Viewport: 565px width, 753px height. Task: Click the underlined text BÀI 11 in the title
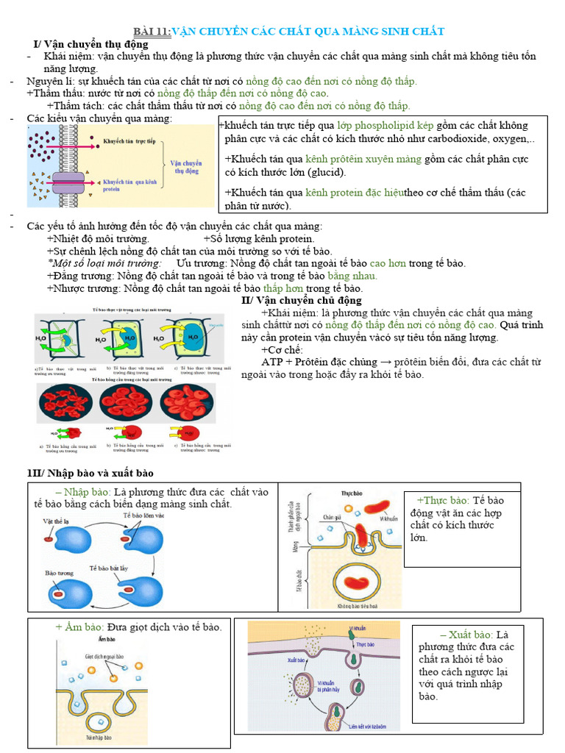coord(152,32)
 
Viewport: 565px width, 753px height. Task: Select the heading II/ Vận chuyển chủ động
coord(302,300)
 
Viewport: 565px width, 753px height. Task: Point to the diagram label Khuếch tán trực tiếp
coord(129,140)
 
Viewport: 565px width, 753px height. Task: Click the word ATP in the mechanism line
coord(272,362)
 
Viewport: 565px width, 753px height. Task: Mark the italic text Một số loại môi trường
coord(104,263)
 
